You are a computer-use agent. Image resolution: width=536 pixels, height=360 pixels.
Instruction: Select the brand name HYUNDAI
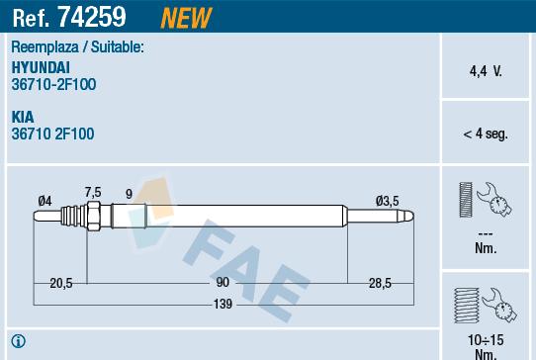pos(41,66)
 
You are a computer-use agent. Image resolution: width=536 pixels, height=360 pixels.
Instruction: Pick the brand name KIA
pos(23,116)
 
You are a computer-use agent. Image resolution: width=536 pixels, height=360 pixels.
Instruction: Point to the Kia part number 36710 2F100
pos(53,133)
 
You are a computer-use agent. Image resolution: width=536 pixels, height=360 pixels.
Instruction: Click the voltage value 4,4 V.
pos(485,71)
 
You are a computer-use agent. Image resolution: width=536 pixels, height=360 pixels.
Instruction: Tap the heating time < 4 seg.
pos(485,134)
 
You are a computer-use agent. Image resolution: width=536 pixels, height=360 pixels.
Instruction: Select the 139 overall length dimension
pos(223,305)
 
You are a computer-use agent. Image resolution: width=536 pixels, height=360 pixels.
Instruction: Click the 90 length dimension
pos(223,283)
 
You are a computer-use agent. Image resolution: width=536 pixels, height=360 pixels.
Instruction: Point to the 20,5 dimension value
pos(61,283)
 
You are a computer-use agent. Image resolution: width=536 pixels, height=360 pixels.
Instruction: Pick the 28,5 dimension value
pos(380,283)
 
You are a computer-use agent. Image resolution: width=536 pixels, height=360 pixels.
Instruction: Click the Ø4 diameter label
pos(45,202)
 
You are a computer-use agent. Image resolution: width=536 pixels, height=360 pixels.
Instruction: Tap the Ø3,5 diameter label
pos(387,201)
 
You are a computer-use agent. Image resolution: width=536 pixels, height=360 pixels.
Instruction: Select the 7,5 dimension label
pos(93,192)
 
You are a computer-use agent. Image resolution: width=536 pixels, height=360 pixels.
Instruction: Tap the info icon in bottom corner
pos(18,343)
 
